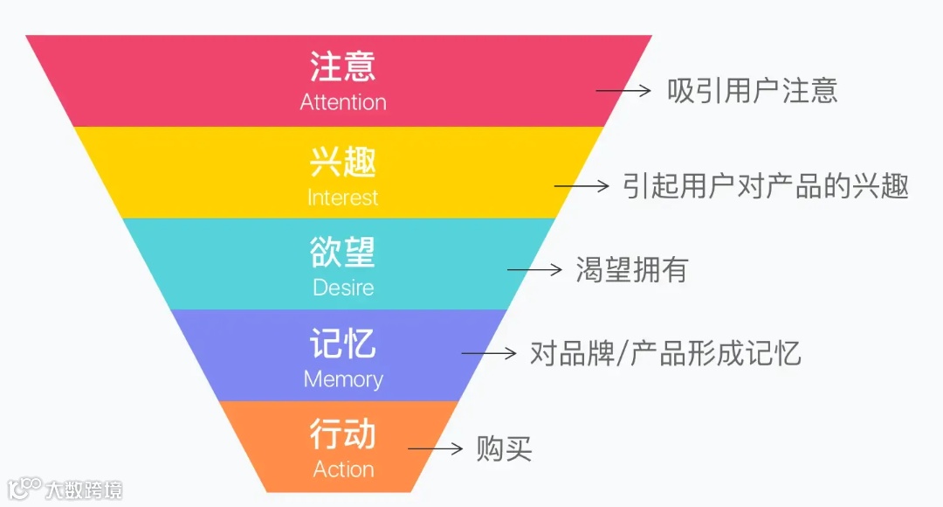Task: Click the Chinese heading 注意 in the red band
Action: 343,66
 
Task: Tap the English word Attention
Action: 343,102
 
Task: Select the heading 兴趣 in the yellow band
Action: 343,163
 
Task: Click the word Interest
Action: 342,198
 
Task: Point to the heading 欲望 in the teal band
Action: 343,252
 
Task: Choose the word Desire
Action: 343,288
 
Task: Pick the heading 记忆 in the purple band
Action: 343,344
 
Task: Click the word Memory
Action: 343,379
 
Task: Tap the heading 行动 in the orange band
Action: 343,434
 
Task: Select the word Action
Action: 343,469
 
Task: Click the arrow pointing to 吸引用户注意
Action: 623,90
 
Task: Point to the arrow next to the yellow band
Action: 582,185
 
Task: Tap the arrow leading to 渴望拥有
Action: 534,270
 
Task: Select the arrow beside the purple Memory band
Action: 489,353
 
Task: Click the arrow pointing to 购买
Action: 435,449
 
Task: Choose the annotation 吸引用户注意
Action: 753,90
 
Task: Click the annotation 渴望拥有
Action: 631,270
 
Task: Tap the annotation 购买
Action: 504,449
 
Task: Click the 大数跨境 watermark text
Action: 84,489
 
